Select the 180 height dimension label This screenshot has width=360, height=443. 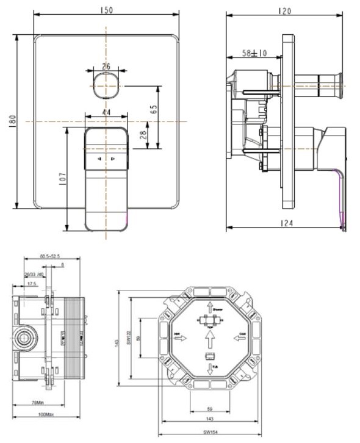click(x=11, y=121)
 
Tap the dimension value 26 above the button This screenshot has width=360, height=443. click(x=106, y=66)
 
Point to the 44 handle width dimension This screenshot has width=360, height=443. click(x=106, y=112)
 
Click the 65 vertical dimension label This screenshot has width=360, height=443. click(x=154, y=111)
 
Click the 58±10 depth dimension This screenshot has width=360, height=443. click(x=254, y=54)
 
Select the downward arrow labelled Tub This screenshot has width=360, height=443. click(x=209, y=368)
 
